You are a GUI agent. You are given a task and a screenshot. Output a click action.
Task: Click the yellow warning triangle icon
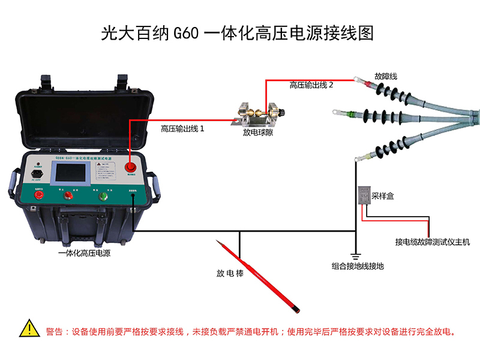point(28,328)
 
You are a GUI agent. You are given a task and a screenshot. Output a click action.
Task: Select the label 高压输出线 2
point(311,86)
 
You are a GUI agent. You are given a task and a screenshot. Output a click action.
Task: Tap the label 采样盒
point(382,196)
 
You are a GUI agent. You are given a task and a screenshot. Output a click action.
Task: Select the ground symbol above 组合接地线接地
point(355,253)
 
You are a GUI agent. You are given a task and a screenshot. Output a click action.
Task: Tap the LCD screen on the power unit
point(73,173)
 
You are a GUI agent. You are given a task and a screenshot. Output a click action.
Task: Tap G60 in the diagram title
point(185,32)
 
